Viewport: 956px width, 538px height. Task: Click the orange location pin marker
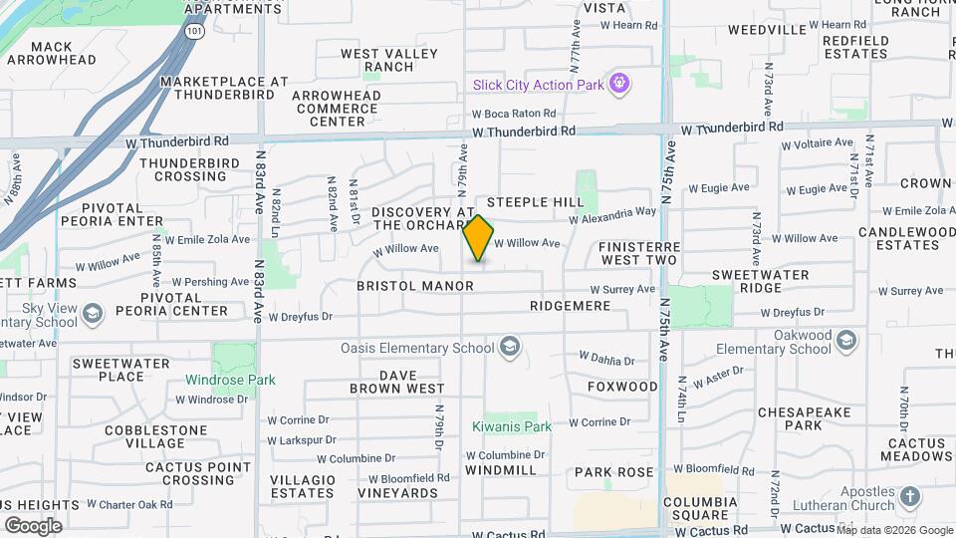(x=478, y=238)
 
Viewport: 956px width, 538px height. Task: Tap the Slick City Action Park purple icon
(x=620, y=84)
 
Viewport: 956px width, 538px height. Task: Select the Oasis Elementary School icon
(x=510, y=348)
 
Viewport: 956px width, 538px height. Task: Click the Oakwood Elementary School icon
(x=846, y=341)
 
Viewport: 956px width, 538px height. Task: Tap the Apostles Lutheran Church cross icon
(x=909, y=496)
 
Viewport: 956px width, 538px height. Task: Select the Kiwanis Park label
(x=511, y=426)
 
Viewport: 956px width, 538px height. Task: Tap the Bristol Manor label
(x=415, y=286)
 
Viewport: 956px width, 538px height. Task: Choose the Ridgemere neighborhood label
(x=570, y=306)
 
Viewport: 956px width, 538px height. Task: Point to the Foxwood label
(x=622, y=386)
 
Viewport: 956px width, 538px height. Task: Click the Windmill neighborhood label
(x=501, y=469)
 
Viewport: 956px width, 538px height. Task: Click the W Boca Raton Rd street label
(x=513, y=114)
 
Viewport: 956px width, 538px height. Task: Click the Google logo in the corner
(x=33, y=525)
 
